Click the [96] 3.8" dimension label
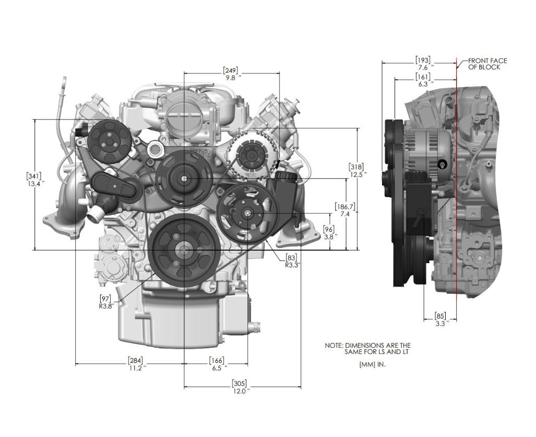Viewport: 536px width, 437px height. pyautogui.click(x=329, y=232)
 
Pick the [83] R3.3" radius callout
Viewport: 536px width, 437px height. pyautogui.click(x=291, y=260)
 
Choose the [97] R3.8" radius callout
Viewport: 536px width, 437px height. pyautogui.click(x=106, y=302)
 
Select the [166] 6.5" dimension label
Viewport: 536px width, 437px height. pyautogui.click(x=217, y=364)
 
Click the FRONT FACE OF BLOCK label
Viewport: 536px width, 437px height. pyautogui.click(x=487, y=64)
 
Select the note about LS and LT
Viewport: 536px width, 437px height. pyautogui.click(x=367, y=349)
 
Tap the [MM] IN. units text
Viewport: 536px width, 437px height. pyautogui.click(x=372, y=364)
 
